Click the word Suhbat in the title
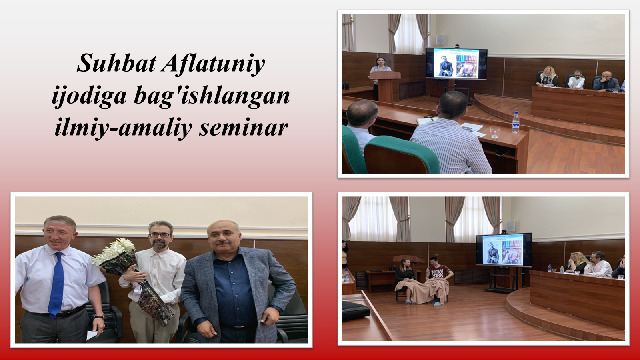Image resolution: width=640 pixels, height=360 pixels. click(117, 63)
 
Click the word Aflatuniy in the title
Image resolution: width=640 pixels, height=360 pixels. click(214, 64)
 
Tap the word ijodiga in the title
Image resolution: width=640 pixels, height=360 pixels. click(89, 97)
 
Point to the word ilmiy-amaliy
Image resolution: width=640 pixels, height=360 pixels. click(124, 128)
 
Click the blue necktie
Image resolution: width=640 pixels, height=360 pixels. click(56, 284)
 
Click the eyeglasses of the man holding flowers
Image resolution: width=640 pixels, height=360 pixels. click(160, 235)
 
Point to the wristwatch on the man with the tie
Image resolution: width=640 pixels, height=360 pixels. click(99, 316)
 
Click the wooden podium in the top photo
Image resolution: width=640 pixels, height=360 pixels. click(386, 86)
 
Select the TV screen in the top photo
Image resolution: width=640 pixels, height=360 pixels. click(456, 64)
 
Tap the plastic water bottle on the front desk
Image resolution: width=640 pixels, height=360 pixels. click(516, 122)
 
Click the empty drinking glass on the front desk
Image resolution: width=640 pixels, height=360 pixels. click(495, 132)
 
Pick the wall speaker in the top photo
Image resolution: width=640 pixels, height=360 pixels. click(440, 40)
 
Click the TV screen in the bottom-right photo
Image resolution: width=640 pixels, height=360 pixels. click(504, 250)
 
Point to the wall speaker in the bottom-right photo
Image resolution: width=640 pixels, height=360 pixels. click(510, 226)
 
